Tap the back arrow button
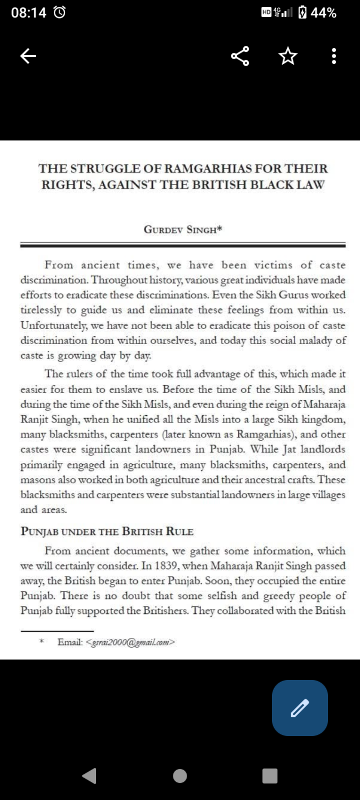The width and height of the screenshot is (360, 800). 28,56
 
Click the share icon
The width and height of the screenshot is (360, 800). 240,56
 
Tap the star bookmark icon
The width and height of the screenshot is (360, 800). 287,56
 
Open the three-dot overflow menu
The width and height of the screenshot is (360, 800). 334,56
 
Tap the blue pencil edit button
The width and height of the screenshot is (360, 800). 300,708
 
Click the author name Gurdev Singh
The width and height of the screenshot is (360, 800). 183,230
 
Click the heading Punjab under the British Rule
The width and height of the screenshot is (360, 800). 107,531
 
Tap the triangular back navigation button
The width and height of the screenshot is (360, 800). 90,775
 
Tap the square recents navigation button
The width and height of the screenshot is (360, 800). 270,775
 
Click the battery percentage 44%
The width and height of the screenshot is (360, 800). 323,13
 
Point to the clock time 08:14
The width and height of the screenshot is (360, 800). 29,13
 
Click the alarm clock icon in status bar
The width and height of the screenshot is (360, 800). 60,13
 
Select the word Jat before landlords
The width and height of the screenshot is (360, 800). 290,450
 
